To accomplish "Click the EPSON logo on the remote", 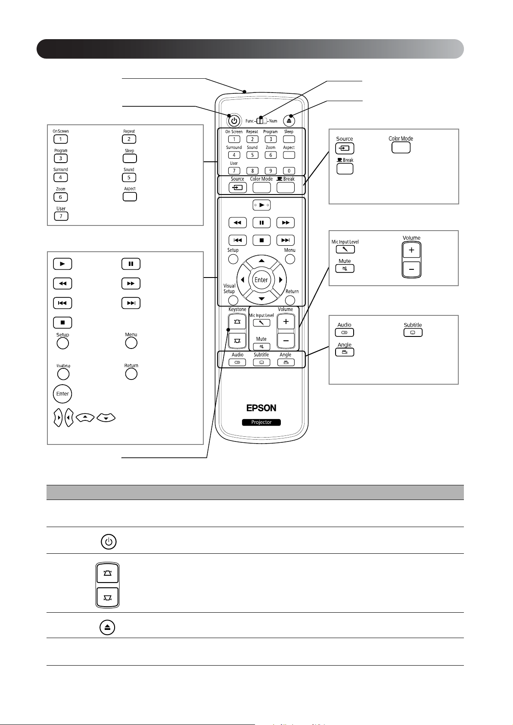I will pos(261,408).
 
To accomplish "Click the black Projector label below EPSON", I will pos(261,422).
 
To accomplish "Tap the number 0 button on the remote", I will pos(289,171).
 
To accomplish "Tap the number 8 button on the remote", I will pos(252,171).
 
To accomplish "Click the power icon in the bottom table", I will pos(108,541).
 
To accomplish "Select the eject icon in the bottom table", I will pos(107,627).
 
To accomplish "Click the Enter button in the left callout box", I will pos(62,394).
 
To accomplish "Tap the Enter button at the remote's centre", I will pos(261,280).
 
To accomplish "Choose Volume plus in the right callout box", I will pos(411,250).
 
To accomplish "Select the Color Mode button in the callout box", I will pos(401,148).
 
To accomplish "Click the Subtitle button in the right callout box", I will pos(413,333).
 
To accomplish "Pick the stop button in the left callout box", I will pos(62,322).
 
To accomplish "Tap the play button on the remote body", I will pos(261,205).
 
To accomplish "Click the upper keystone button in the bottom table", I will pos(107,574).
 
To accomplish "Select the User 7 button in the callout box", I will pos(61,216).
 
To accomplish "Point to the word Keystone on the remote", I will pos(237,309).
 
